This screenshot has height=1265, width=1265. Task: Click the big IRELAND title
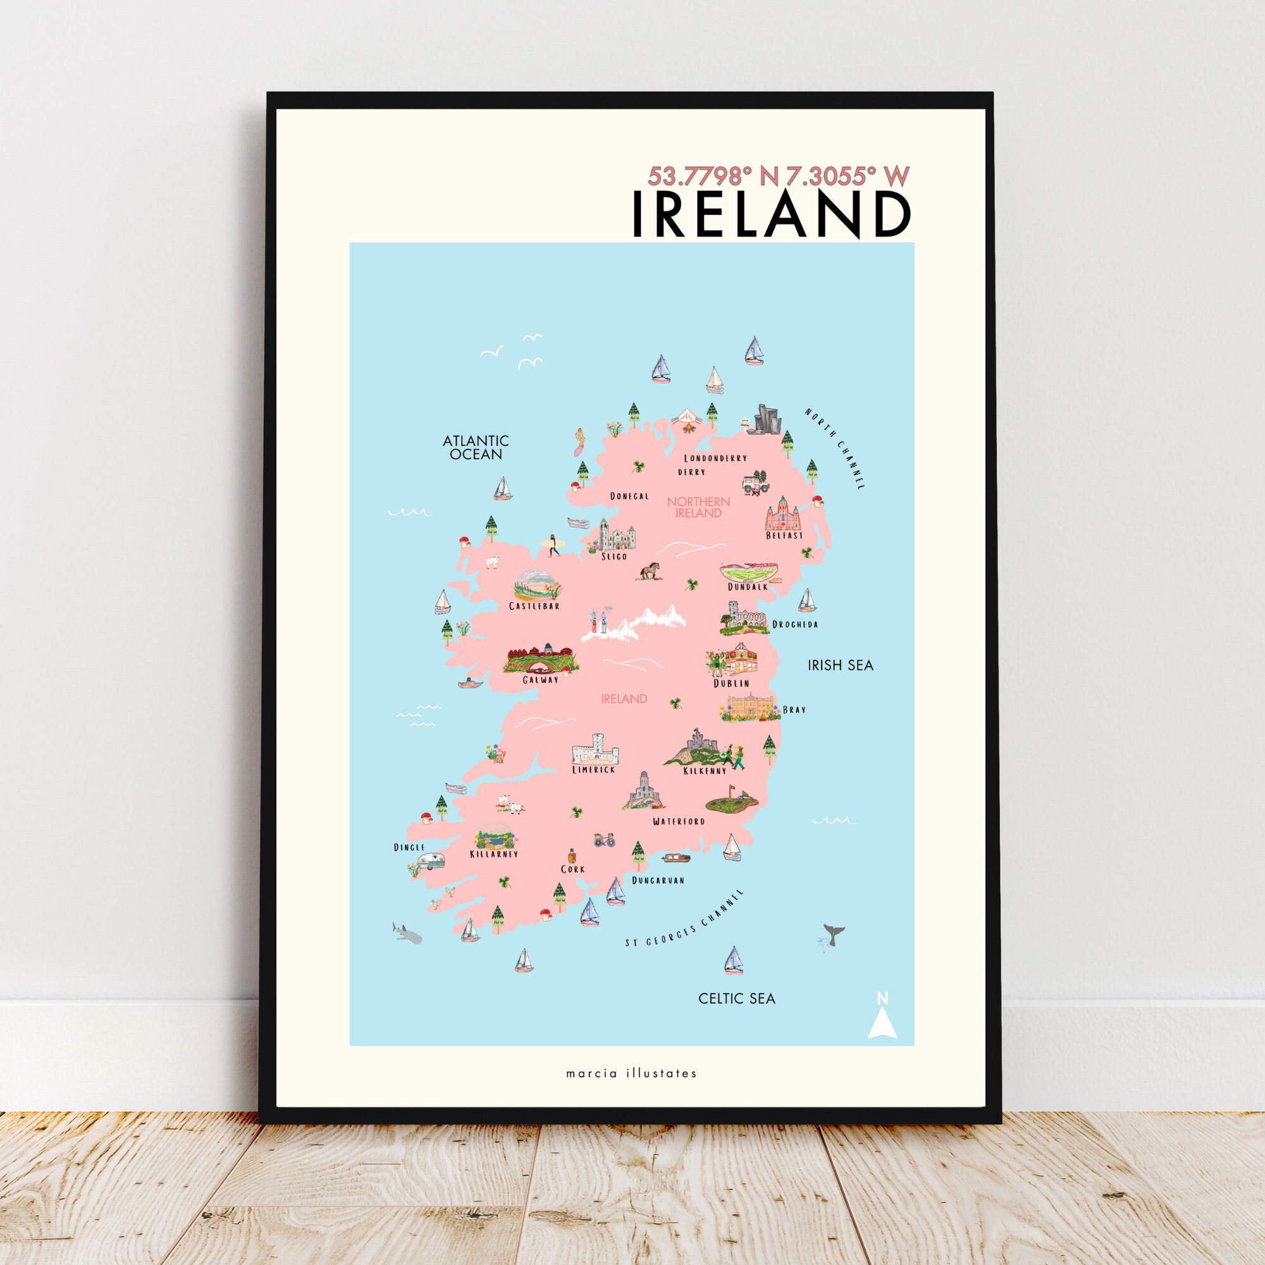click(771, 215)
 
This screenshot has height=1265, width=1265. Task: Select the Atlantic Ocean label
click(476, 448)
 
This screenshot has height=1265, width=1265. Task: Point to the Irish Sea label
click(840, 665)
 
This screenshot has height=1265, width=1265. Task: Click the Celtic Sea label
click(737, 999)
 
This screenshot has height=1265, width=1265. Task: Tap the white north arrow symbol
click(882, 1022)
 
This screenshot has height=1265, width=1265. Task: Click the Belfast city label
click(784, 536)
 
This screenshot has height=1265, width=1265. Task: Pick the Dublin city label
click(731, 684)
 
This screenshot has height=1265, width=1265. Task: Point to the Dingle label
click(409, 848)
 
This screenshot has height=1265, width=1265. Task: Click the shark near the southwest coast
click(406, 932)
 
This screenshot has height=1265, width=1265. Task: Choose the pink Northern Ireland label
click(698, 507)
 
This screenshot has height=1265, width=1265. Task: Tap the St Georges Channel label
click(684, 919)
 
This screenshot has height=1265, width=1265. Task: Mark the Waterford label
click(679, 821)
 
